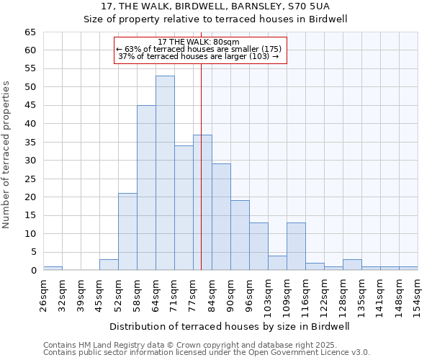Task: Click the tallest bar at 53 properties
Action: (165, 173)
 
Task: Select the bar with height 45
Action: (146, 188)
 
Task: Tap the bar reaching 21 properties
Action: (127, 232)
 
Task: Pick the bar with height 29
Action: (221, 217)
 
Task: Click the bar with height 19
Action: (240, 235)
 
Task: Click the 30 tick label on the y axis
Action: (30, 161)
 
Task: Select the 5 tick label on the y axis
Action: (33, 252)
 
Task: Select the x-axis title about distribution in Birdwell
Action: (230, 326)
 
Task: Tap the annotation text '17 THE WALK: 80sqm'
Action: (199, 42)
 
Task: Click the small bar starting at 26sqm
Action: (53, 268)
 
